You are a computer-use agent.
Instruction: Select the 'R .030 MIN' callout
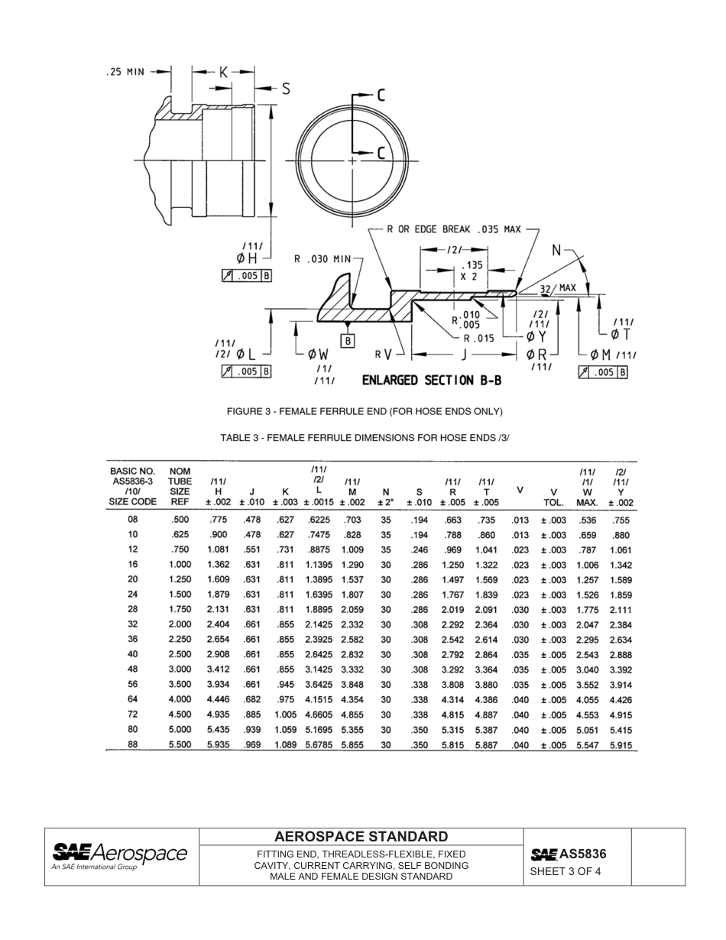(324, 259)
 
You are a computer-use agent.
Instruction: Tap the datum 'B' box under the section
(348, 342)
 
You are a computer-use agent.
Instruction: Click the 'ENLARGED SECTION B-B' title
(431, 380)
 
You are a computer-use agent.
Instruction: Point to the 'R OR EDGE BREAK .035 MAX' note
(454, 229)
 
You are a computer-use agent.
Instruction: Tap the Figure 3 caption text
(364, 412)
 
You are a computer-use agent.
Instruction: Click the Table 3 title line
(364, 438)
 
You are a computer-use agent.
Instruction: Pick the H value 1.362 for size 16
(219, 564)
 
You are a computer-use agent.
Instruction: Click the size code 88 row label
(133, 744)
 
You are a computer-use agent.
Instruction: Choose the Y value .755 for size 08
(621, 520)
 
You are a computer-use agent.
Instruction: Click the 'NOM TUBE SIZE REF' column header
(180, 486)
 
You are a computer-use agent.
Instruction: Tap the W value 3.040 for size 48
(587, 669)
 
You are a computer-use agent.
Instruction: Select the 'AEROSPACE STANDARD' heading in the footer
(361, 837)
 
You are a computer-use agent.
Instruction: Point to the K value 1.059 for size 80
(285, 729)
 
